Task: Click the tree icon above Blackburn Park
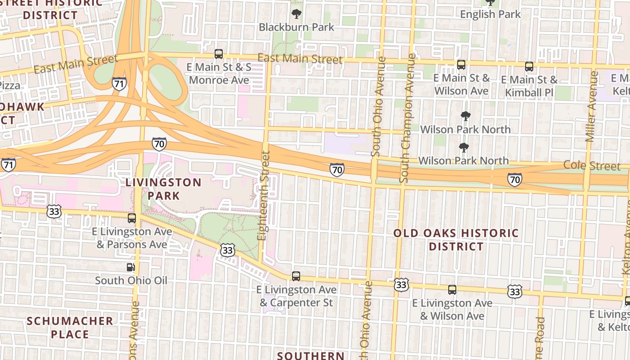tap(296, 14)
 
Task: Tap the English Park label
tap(490, 14)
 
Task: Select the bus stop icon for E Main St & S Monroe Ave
tap(219, 54)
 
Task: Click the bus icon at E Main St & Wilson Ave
tap(461, 65)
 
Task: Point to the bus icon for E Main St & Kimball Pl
tap(529, 67)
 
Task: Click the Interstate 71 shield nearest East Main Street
tap(119, 84)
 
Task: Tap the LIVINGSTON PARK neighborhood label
tap(163, 189)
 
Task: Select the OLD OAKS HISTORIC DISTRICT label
tap(456, 240)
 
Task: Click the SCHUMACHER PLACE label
tap(70, 328)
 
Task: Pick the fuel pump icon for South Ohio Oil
tap(130, 267)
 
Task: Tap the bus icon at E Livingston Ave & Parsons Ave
tap(132, 218)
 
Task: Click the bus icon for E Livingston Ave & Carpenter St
tap(296, 276)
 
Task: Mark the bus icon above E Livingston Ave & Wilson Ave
tap(452, 290)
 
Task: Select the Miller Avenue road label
tap(592, 106)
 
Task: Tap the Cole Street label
tap(592, 166)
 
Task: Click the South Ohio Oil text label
tap(131, 281)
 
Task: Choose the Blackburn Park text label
tap(296, 27)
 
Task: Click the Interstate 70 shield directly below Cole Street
tap(515, 180)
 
